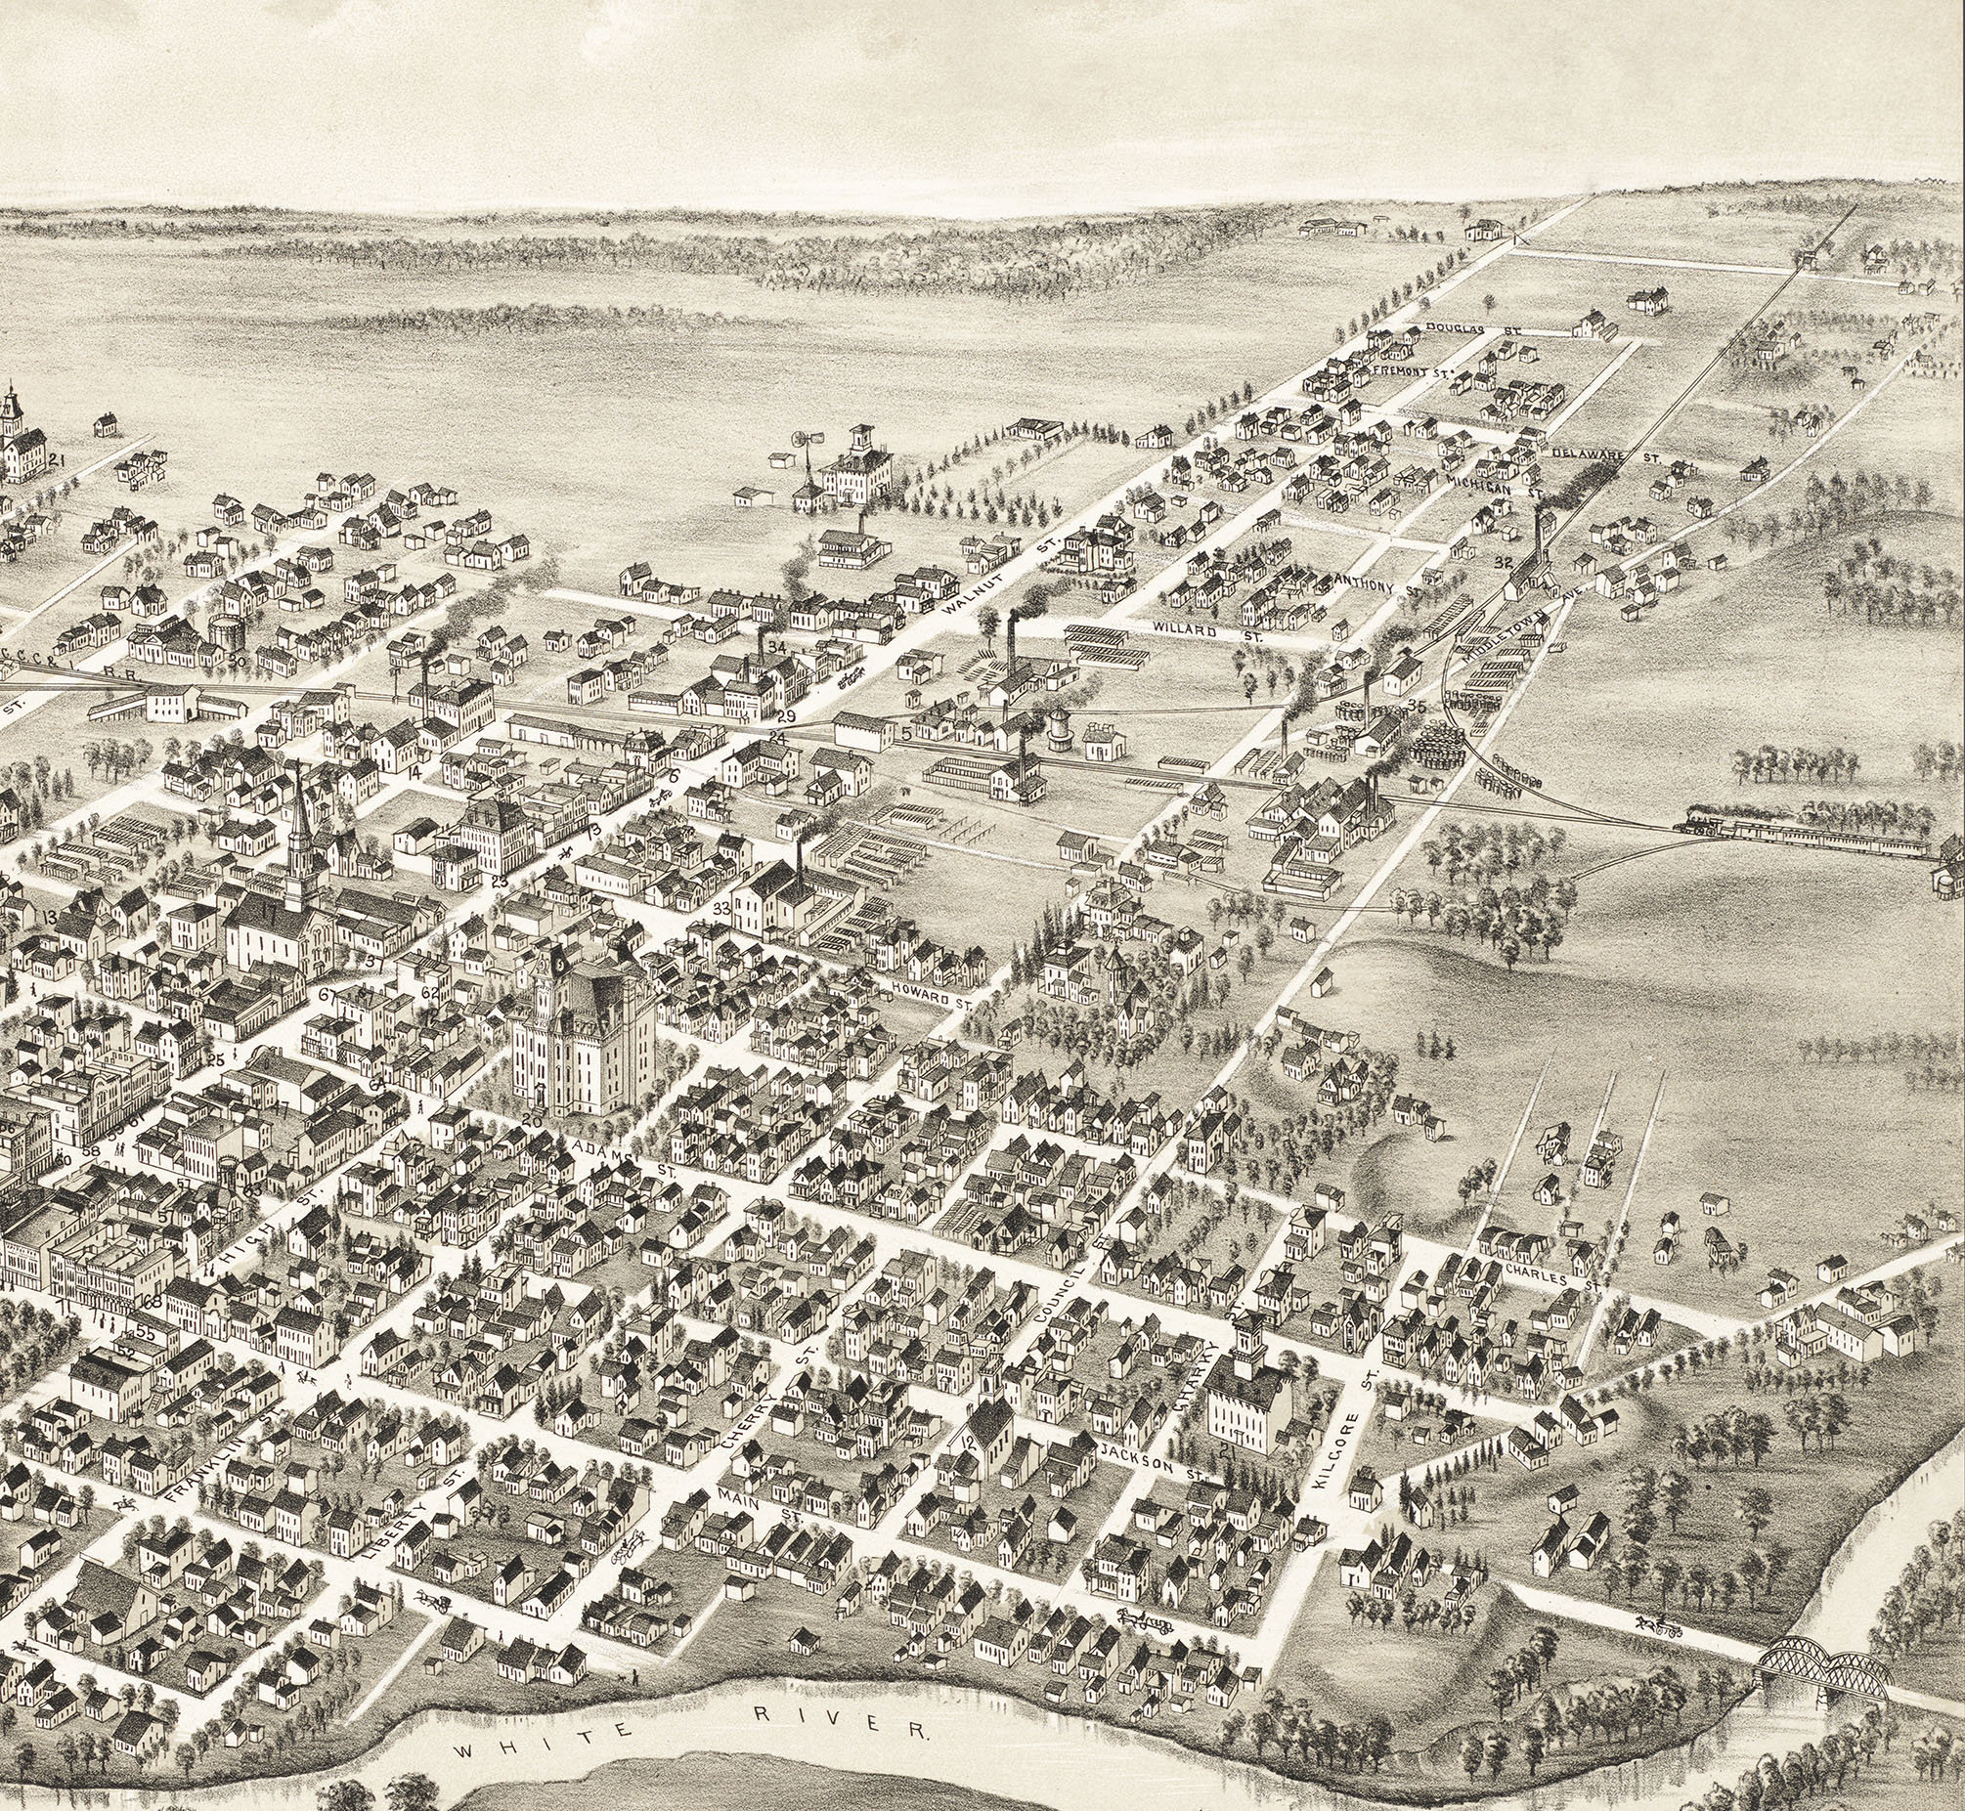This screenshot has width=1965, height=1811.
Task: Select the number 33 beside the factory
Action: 722,910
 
